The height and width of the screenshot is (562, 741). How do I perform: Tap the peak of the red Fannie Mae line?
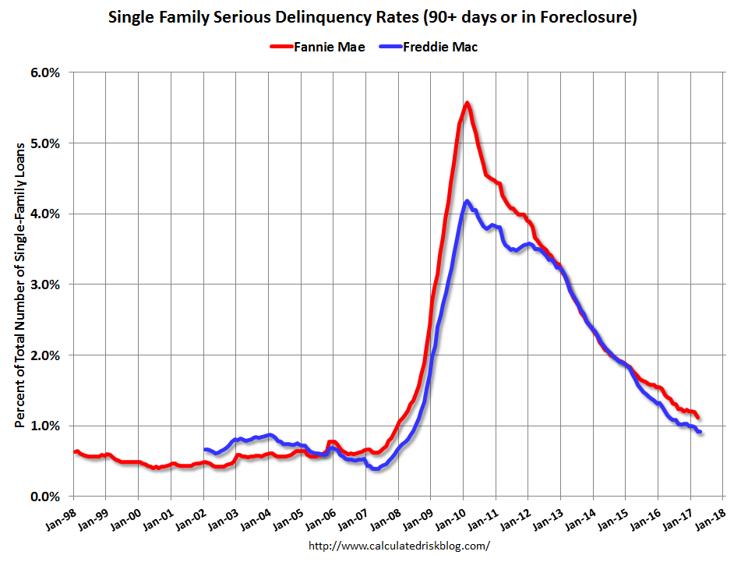[x=467, y=103]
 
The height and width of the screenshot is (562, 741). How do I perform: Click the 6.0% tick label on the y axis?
[x=45, y=72]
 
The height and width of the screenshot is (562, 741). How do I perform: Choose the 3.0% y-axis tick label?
[x=45, y=285]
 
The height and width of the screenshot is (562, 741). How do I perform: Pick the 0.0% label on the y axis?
[x=45, y=497]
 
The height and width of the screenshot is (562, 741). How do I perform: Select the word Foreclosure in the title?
[x=589, y=16]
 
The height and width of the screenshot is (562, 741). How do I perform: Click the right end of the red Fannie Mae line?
[x=697, y=417]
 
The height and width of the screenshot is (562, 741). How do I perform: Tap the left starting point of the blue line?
[x=205, y=449]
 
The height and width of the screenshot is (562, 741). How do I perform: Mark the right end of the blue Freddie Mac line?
[x=700, y=432]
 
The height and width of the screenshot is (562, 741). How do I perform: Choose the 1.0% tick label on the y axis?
[x=45, y=426]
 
